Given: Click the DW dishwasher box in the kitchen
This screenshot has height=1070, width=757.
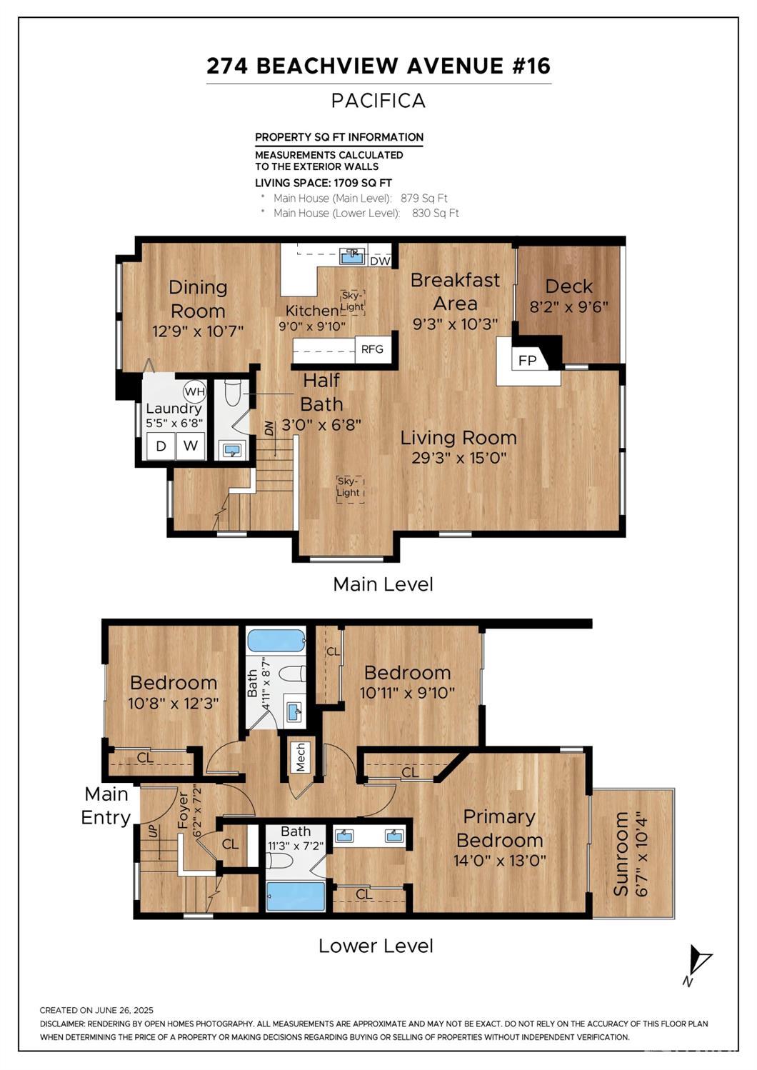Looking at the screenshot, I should point(380,261).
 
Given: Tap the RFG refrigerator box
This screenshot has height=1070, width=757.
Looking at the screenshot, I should point(372,349).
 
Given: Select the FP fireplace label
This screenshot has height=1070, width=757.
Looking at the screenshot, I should point(527,361).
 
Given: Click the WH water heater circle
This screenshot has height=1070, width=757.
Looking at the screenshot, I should point(194,391).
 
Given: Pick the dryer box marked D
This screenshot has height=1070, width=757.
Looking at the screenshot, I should point(161,446).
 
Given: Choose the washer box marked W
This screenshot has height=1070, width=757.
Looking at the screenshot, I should point(191,446).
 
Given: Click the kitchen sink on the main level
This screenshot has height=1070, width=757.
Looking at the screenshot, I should point(352,255).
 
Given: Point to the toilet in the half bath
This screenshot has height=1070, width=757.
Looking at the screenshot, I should point(233,392).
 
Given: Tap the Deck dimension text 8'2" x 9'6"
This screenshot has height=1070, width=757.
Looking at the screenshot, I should point(568,307).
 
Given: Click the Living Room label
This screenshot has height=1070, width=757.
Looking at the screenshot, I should point(458,438).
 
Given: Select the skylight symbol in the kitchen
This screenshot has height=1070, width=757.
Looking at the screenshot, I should point(353,301).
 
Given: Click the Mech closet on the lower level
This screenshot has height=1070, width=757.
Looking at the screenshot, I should point(300,757).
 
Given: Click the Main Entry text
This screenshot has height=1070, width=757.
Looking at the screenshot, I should point(106,806).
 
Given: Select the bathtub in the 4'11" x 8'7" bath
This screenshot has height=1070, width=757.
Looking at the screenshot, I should point(276,640).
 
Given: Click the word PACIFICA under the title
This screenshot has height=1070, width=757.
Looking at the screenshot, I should point(378,101).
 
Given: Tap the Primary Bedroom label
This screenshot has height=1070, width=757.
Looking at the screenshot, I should point(499,829).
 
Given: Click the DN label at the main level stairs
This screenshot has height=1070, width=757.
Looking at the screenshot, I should point(269,429).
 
